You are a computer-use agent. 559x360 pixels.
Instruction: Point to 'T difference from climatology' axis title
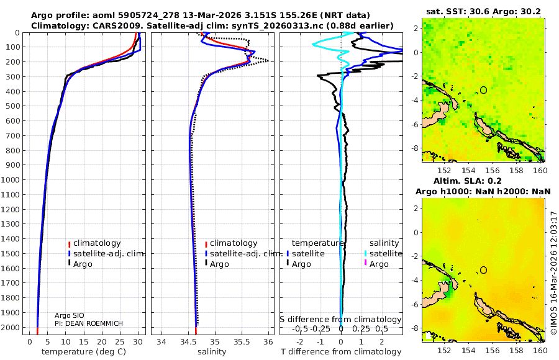[x=342, y=352]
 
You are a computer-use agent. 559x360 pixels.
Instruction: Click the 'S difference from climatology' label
[x=340, y=319]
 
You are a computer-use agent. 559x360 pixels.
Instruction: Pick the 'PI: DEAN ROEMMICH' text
[x=88, y=323]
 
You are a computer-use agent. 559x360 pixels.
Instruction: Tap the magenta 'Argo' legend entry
[x=379, y=264]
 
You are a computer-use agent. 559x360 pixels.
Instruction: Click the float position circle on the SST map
[x=483, y=90]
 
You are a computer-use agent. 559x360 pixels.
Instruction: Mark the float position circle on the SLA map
[x=483, y=269]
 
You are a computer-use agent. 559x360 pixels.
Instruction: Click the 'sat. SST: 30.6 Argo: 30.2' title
[x=483, y=11]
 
